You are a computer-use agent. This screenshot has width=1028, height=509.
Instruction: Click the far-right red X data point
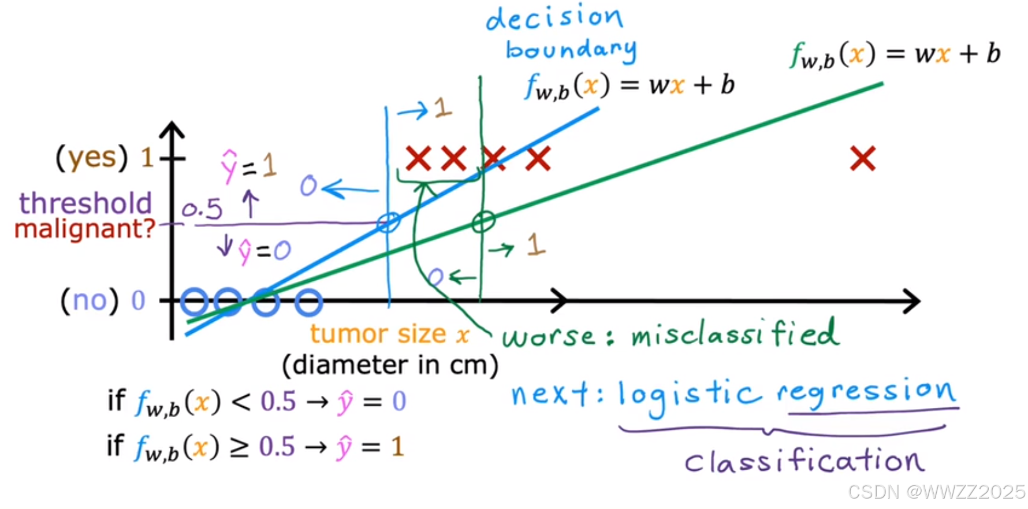click(x=863, y=158)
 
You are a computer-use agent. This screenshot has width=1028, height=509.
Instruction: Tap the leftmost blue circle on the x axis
click(x=194, y=301)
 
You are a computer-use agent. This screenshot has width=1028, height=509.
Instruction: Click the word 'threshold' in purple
click(x=85, y=203)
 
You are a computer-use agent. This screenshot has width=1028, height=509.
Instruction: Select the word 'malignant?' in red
click(x=85, y=229)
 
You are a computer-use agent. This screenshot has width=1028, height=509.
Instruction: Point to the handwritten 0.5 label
click(x=202, y=209)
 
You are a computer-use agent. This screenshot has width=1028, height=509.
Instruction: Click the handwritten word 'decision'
click(x=554, y=18)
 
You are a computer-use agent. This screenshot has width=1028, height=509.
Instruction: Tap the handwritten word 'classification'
click(x=804, y=461)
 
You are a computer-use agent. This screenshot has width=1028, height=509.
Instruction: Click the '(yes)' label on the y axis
click(x=91, y=157)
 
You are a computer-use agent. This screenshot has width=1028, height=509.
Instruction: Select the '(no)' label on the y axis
click(x=90, y=300)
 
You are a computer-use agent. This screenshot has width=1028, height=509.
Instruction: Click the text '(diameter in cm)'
click(x=390, y=365)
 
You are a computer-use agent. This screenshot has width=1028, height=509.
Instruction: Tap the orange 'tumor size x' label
click(x=389, y=334)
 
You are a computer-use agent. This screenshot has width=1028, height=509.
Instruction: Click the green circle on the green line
click(x=483, y=221)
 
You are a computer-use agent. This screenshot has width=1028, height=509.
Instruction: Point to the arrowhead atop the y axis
click(x=172, y=128)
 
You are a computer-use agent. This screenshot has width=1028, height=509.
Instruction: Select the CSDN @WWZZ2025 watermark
click(x=936, y=492)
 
